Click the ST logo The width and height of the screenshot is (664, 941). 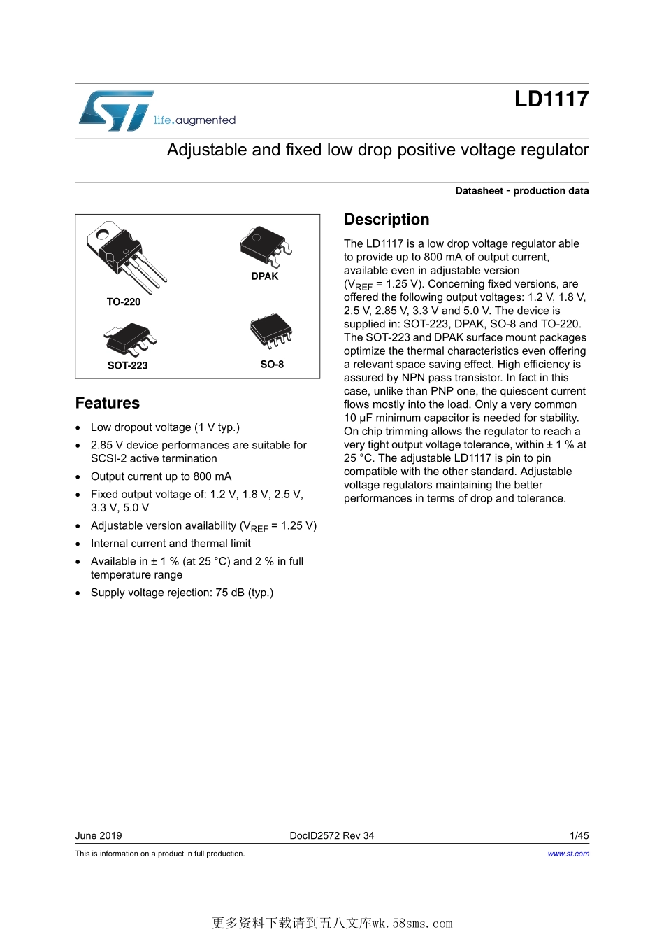click(x=115, y=111)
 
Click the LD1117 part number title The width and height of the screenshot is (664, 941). click(x=551, y=99)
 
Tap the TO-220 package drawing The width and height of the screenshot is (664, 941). click(x=127, y=256)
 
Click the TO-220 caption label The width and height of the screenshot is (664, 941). click(x=123, y=302)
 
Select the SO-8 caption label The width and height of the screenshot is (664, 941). click(x=272, y=365)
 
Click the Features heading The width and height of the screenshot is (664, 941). click(x=108, y=404)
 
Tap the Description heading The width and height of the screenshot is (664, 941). click(x=387, y=220)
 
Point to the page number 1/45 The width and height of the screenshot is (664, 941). click(x=579, y=835)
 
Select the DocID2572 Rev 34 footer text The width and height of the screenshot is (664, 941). click(x=331, y=835)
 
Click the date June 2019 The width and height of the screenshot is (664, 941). click(x=99, y=835)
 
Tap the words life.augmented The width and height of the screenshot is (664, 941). click(x=194, y=120)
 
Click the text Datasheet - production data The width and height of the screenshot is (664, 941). click(x=521, y=191)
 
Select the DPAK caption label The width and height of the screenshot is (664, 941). click(x=265, y=276)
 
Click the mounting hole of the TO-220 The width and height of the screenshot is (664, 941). click(x=104, y=232)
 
